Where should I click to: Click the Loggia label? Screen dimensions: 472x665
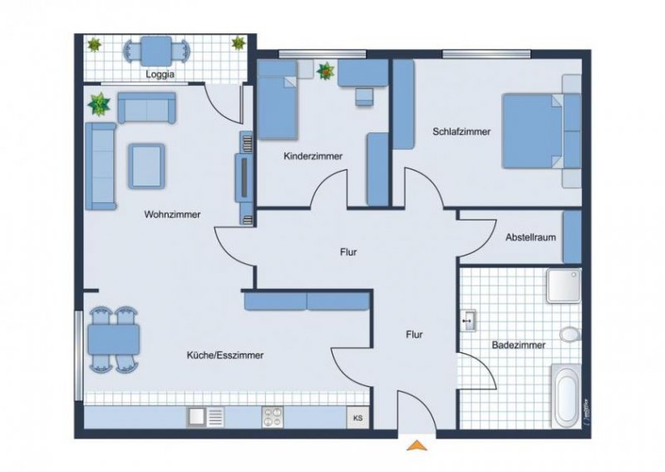coord(160,72)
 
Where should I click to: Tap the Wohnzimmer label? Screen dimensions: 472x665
coord(172,214)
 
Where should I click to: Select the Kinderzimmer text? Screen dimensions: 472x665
coord(313,156)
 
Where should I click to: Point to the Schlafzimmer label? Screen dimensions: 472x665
coord(461,132)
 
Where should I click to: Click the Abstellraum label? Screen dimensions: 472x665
coord(530,237)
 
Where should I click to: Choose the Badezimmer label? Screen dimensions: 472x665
coord(518,344)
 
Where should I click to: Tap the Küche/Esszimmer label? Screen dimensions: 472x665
coord(225,355)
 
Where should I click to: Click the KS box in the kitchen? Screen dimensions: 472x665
coord(359,417)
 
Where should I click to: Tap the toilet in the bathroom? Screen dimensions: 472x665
coord(570,334)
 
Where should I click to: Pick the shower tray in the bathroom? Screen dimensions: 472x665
coord(568,286)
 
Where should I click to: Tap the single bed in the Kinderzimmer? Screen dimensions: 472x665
coord(278,108)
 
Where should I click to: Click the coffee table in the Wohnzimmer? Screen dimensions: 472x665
coord(146,164)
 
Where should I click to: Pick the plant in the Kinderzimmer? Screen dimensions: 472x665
coord(325,72)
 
